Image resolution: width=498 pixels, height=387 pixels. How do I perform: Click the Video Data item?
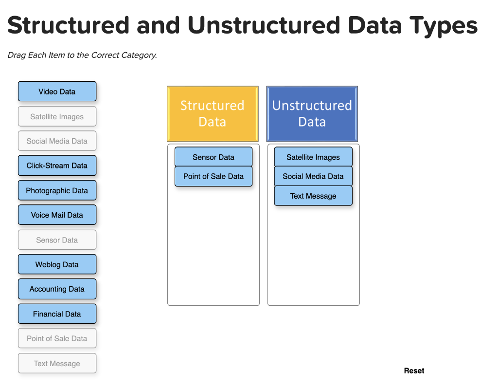57,92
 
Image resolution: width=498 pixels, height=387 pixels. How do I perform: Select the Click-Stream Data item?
57,166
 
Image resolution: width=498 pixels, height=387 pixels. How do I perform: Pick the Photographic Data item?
57,190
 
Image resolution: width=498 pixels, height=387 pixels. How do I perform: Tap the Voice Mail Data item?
57,215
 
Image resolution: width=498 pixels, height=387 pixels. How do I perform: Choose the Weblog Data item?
57,264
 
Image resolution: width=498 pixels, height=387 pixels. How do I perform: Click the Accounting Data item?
57,289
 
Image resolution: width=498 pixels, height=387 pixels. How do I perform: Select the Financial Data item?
57,314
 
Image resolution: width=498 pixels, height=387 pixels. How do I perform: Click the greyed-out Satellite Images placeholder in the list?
57,116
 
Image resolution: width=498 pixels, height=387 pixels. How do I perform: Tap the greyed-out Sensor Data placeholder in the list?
57,240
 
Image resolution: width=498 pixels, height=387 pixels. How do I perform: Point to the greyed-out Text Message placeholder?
57,363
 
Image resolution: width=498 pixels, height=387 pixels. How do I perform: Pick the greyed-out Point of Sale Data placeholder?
57,338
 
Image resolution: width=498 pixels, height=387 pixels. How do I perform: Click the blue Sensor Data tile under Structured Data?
213,157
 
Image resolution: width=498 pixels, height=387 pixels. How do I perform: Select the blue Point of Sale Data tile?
213,176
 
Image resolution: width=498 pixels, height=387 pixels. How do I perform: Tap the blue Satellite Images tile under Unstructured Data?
313,157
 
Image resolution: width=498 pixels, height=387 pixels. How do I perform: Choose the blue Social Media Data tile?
313,176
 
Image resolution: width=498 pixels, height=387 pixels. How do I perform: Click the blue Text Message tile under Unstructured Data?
313,196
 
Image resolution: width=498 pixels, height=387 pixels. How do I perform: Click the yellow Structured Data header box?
213,114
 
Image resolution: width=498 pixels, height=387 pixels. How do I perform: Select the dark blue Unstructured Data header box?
312,114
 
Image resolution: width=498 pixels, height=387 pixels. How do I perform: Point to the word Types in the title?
444,26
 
